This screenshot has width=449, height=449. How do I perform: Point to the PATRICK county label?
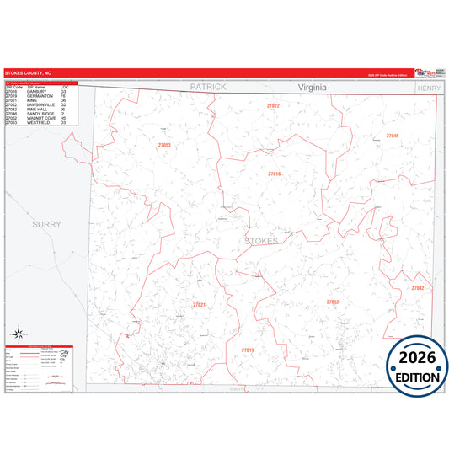(208, 87)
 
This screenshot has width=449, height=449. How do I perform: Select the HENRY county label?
(428, 88)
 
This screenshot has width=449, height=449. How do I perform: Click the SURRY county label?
(47, 224)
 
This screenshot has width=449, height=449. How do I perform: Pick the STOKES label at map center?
(260, 242)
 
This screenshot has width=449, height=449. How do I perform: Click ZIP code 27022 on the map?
(272, 106)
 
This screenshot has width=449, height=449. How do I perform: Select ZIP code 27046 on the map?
(393, 136)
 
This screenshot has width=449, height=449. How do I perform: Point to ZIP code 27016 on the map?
(274, 174)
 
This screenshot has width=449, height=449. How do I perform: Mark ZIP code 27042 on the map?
(417, 288)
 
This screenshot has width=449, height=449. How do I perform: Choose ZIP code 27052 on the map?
(333, 301)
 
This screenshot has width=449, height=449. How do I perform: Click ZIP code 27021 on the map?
(199, 304)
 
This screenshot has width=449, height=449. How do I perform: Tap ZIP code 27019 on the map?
(247, 350)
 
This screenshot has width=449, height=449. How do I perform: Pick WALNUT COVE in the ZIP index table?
(43, 118)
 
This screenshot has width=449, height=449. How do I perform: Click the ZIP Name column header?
(36, 87)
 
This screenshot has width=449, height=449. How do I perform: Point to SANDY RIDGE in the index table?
(42, 114)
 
